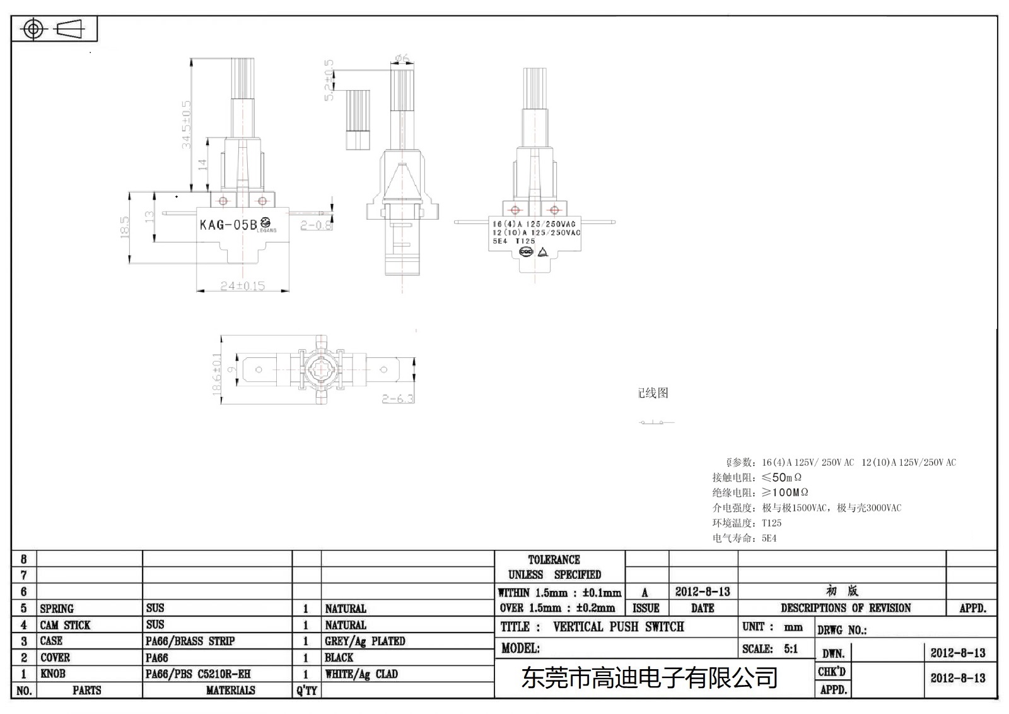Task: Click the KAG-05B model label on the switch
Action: pos(228,225)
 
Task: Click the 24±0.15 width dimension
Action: pos(242,286)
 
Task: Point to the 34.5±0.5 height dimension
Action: pos(186,124)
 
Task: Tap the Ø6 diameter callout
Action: pos(402,59)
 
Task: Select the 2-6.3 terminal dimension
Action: pos(398,399)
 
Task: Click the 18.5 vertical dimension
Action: pos(125,227)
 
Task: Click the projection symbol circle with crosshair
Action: pos(33,29)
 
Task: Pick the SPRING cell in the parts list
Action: pos(57,609)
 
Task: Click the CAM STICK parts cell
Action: pos(65,625)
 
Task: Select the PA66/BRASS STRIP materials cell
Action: pos(190,641)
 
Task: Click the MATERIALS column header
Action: pos(230,690)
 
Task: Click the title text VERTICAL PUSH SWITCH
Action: pos(618,627)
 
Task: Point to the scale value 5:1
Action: pos(791,648)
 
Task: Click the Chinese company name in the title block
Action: pos(650,678)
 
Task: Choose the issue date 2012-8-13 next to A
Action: pos(703,592)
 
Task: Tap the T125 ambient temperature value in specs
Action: pos(771,523)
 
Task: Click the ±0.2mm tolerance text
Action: pos(595,608)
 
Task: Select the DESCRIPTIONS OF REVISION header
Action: pos(846,608)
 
